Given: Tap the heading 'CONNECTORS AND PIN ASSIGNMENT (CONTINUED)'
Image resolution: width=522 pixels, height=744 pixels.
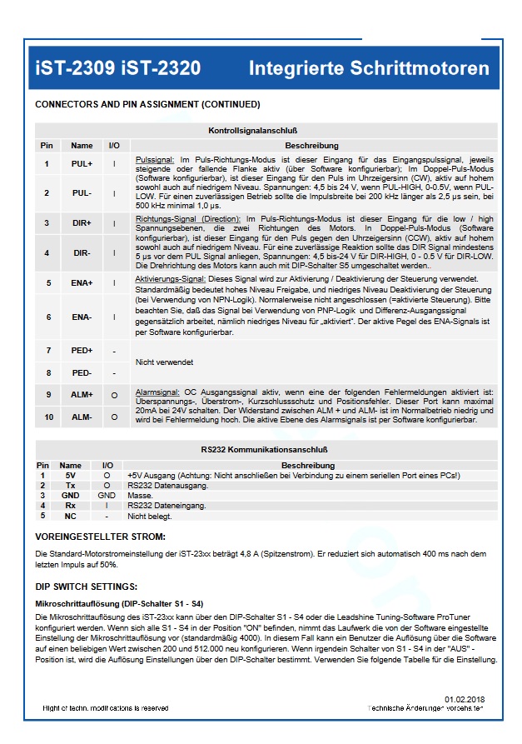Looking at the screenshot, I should [147, 104].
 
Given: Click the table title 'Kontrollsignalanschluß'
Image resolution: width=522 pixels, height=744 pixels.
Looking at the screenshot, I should [265, 131].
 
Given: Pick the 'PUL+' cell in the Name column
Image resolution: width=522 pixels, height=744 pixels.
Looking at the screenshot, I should [82, 164].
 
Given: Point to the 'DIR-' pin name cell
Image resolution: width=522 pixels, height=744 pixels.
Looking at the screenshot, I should [82, 252].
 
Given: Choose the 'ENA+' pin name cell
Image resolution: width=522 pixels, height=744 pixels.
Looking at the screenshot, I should [82, 283].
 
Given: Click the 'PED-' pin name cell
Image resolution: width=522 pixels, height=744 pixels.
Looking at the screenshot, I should [82, 373].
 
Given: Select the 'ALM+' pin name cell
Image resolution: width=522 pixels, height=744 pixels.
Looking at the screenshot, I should [82, 394].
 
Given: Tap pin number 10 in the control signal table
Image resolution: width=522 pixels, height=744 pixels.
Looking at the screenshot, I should [47, 417].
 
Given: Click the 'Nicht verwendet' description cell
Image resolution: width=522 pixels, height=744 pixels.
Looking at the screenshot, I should [165, 362].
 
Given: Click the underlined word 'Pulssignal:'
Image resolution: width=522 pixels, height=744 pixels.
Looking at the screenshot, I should [154, 158].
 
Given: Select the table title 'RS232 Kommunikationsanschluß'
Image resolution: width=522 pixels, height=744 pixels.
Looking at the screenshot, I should [265, 450].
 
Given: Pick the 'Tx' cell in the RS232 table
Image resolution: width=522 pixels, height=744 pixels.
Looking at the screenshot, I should [71, 485].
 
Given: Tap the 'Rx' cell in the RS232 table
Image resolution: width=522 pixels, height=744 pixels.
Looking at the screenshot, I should [71, 505].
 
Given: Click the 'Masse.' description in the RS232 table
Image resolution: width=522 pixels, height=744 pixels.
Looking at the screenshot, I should [139, 495].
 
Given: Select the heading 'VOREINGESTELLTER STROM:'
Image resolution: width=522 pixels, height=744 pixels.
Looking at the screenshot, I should [100, 537].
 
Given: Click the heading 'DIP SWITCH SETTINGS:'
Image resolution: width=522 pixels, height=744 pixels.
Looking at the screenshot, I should [86, 587].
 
